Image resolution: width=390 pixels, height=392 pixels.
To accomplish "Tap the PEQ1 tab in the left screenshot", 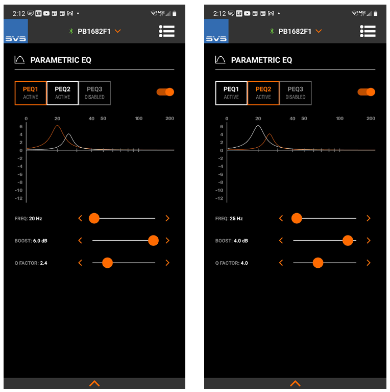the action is click(x=31, y=93).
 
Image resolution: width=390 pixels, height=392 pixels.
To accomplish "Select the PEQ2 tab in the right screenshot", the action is click(x=263, y=93).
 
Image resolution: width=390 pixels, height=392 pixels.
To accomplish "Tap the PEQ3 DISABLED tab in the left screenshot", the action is click(x=94, y=93).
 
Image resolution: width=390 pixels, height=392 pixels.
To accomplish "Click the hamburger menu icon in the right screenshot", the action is click(x=368, y=31).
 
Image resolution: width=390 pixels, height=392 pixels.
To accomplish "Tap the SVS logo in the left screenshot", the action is click(x=16, y=31).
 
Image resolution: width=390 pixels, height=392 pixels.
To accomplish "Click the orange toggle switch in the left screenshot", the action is click(x=165, y=92).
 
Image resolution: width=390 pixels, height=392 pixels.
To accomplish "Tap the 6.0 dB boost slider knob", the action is click(x=153, y=241).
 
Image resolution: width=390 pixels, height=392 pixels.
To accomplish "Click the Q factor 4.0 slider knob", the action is click(x=318, y=263).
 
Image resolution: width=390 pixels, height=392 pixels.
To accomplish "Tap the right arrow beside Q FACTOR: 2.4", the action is click(x=167, y=263).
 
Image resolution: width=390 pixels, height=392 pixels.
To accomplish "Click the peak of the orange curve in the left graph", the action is click(x=57, y=126).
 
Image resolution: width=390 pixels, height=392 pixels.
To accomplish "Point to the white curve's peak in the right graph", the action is click(x=258, y=126).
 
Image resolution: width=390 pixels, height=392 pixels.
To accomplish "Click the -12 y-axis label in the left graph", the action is click(x=19, y=198).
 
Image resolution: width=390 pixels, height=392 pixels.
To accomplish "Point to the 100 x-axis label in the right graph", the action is click(x=339, y=119).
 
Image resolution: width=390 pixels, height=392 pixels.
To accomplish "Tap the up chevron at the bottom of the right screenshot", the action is click(x=295, y=383).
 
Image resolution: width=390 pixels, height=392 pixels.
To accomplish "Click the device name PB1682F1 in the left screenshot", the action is click(x=94, y=31).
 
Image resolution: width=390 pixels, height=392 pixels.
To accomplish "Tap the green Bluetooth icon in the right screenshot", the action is click(x=272, y=31).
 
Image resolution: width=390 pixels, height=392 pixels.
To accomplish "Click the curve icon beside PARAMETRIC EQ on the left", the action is click(x=19, y=60).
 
